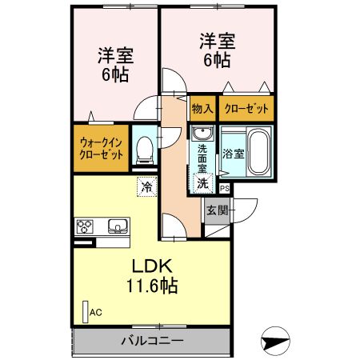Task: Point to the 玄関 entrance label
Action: point(217,211)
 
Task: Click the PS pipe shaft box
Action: point(225,189)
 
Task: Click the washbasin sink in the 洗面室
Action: point(201,133)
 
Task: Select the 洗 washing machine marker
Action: point(203,183)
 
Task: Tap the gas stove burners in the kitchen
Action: point(84,226)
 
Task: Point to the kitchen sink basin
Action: point(116,226)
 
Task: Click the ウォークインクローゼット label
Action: point(101,149)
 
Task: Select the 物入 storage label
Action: point(202,108)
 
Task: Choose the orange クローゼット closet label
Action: point(246,108)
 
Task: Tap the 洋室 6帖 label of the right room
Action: point(216,50)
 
